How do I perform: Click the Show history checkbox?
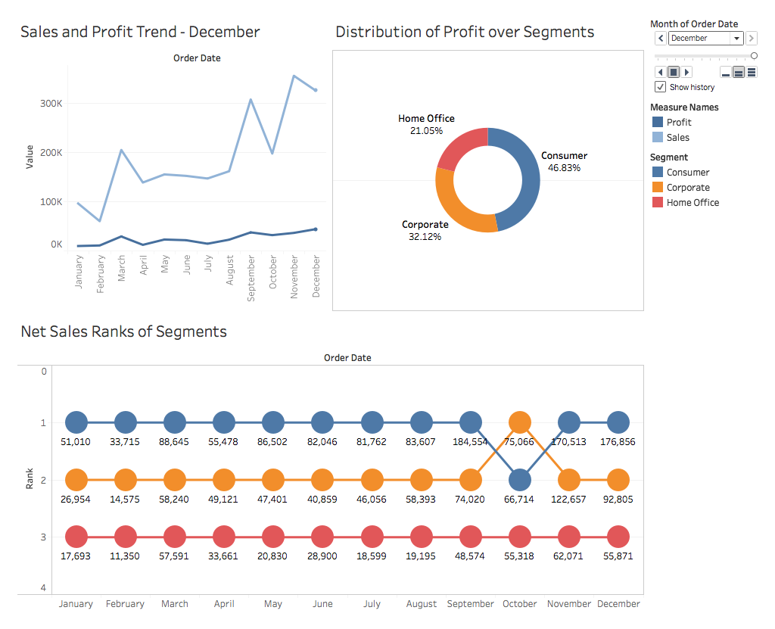coord(660,87)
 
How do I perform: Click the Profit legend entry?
coord(678,122)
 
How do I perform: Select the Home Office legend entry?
coord(692,202)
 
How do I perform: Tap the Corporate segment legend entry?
coord(687,187)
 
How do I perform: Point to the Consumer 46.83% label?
coord(564,162)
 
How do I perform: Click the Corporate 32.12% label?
coord(425,231)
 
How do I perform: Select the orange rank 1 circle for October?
coord(519,422)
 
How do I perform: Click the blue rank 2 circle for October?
coord(519,480)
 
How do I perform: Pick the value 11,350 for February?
coord(125,556)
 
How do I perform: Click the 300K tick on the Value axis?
coord(51,103)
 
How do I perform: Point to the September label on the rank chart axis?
coord(470,604)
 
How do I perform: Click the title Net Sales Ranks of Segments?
coord(123,332)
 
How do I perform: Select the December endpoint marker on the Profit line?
coord(315,229)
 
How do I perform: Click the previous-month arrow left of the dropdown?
coord(661,39)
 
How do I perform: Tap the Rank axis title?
coord(30,480)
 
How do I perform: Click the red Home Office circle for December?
coord(618,537)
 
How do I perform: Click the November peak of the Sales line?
coord(294,76)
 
